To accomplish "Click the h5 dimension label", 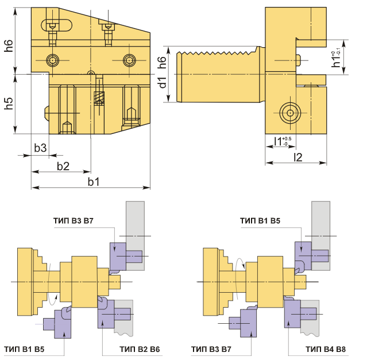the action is [x=9, y=104].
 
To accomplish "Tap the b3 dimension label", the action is [x=40, y=148].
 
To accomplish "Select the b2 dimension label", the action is [x=63, y=166].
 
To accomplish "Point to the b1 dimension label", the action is [x=94, y=182].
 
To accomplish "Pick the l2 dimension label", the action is [x=298, y=157].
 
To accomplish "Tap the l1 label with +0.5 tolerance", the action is [x=283, y=141].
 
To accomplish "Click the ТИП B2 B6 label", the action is [x=140, y=349].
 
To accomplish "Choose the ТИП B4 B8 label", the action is [x=326, y=349].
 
